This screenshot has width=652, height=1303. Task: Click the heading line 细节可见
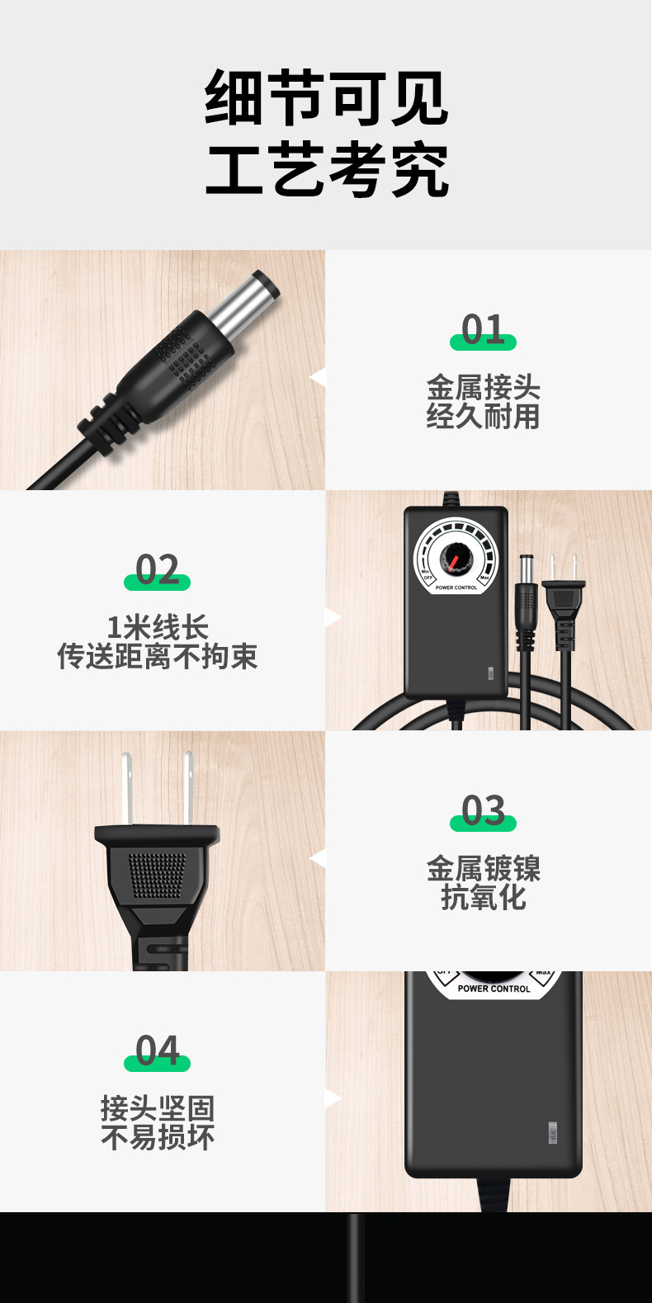[326, 98]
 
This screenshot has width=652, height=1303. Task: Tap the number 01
[483, 330]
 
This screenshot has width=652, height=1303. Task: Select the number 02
[157, 570]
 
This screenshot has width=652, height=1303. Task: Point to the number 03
[483, 811]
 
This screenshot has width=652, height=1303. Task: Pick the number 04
[157, 1051]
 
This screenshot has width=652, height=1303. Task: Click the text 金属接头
[483, 386]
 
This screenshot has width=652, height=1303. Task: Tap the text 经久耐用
[483, 416]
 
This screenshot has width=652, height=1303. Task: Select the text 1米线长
[157, 627]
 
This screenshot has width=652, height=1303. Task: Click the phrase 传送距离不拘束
[157, 657]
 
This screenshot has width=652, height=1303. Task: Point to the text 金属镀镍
[483, 868]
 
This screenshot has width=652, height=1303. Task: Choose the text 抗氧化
[483, 897]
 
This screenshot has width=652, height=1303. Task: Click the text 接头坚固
[157, 1108]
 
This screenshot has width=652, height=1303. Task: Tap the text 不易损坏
[157, 1138]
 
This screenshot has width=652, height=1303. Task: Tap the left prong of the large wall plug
[127, 788]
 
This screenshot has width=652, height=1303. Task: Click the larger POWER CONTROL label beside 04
[494, 988]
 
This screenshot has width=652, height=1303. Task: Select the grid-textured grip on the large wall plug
[157, 875]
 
